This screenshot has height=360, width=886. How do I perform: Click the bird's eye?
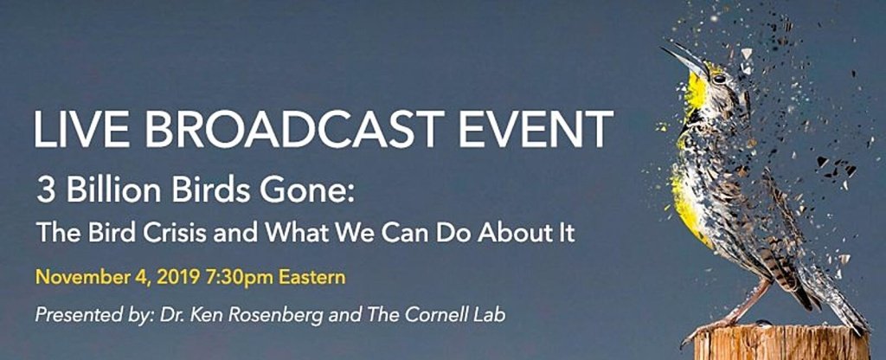[719, 79]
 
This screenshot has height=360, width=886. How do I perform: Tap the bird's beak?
[684, 60]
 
